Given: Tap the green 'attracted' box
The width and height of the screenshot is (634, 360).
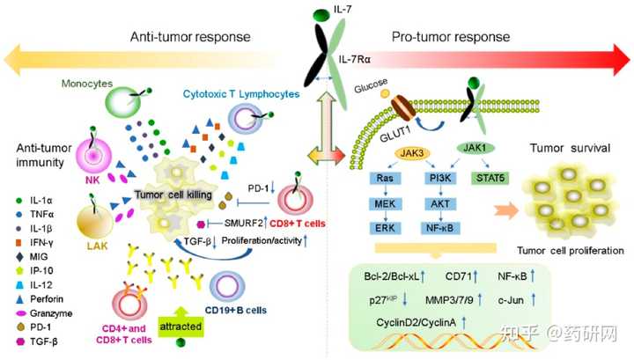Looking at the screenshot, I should [x=181, y=326].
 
